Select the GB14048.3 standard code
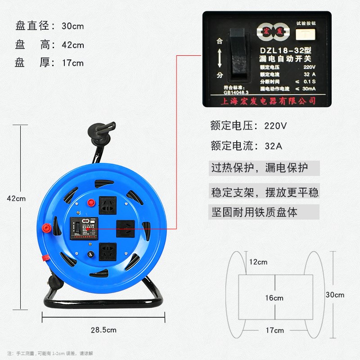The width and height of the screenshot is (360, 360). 235,93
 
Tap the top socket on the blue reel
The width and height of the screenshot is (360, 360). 107,205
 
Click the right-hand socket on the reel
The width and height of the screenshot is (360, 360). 125,228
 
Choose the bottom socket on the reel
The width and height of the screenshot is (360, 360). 107,252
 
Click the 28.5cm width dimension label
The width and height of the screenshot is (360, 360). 103,330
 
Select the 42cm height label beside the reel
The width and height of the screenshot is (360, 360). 17,198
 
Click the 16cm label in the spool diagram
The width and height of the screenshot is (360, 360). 274,298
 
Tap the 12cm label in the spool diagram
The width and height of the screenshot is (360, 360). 258,262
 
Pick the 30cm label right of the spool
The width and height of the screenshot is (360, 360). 335,295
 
